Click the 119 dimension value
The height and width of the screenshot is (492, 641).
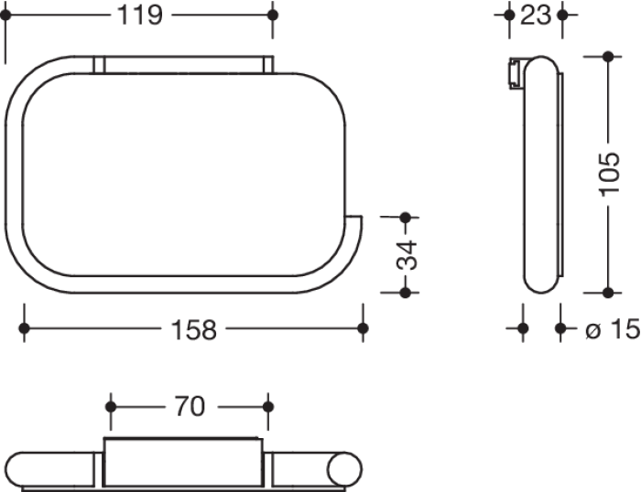140,16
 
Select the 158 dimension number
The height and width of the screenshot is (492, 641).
194,329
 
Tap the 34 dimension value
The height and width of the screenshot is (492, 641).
407,255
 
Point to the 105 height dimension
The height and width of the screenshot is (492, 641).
609,175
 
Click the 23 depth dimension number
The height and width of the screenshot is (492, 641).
536,16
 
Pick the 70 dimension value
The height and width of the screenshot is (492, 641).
190,407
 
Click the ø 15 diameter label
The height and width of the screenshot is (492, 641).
613,328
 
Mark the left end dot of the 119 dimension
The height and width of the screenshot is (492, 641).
5,16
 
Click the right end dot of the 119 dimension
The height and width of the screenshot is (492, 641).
273,16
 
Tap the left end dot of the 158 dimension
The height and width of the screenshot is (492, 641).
24,328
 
